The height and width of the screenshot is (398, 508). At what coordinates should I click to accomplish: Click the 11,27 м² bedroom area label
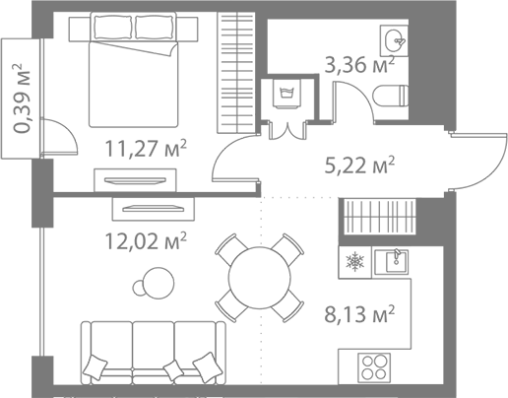tap(146, 150)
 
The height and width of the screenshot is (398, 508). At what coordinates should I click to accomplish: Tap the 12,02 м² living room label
tap(146, 238)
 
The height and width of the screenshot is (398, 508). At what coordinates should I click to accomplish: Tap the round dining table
tap(260, 277)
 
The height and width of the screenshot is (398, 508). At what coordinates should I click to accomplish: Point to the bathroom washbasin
tap(396, 40)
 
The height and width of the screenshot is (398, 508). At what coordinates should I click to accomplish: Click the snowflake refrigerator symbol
tap(354, 263)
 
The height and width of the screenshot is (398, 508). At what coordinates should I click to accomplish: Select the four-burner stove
tap(374, 367)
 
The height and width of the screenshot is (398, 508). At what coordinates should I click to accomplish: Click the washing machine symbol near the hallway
tap(288, 94)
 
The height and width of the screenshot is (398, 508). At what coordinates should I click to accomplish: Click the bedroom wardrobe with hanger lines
tap(237, 70)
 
